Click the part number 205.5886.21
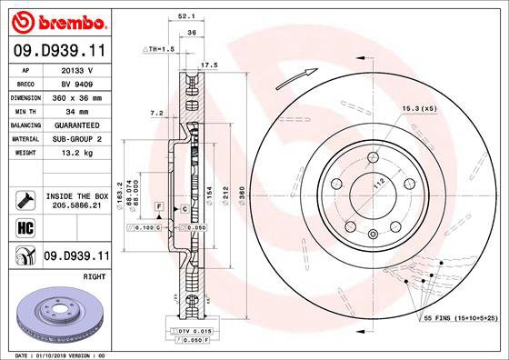(x=76, y=206)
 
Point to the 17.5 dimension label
(x=208, y=65)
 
